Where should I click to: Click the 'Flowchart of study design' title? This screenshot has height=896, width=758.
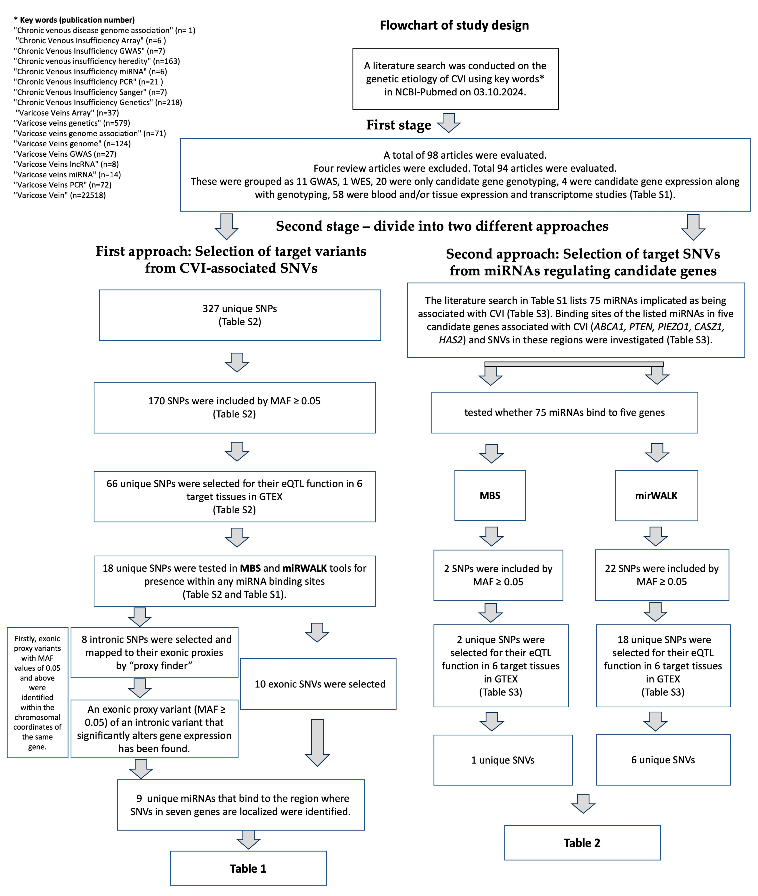(x=454, y=25)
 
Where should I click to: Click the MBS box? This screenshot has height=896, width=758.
(x=490, y=495)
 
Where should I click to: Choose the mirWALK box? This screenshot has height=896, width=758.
(x=656, y=495)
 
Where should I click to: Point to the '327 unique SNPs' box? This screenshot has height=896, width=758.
(x=240, y=315)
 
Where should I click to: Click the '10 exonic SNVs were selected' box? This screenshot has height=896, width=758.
(x=320, y=684)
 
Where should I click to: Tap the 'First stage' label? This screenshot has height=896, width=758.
(x=398, y=125)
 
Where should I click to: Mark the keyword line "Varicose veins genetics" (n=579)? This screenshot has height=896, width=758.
(x=72, y=123)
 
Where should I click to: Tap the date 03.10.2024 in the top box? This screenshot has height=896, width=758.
(x=499, y=92)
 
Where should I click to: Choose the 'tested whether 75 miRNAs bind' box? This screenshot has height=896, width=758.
(x=564, y=412)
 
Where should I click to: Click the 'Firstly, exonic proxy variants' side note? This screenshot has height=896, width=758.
(x=37, y=692)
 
